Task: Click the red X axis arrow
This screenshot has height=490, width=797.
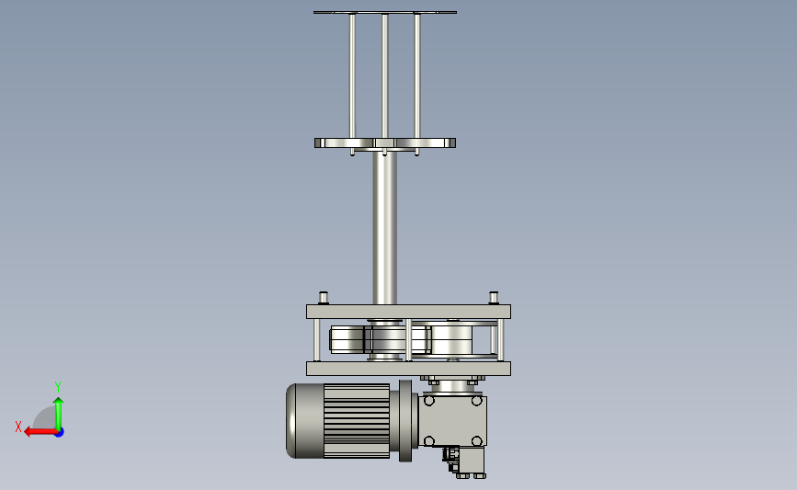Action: click(40, 432)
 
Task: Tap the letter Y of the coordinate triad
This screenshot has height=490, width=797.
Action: click(58, 387)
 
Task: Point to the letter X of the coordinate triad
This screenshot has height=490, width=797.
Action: click(18, 427)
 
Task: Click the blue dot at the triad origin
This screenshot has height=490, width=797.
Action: click(60, 433)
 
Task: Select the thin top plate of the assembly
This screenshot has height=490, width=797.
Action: click(385, 12)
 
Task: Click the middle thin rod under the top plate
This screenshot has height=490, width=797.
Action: click(385, 76)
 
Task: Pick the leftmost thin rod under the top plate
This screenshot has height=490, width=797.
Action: click(352, 76)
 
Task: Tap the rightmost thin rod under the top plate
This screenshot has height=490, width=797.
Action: click(417, 76)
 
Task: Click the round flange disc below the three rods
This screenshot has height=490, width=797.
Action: click(385, 142)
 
